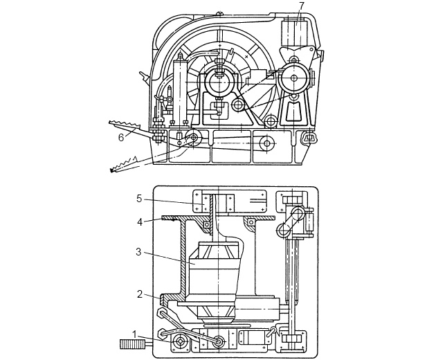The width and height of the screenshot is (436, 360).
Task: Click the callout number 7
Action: pos(302,6)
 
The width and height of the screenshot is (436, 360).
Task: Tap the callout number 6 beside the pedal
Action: pos(121,138)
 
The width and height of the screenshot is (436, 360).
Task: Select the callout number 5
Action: pos(139,199)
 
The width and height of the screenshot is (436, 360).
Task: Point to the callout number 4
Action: pos(139,222)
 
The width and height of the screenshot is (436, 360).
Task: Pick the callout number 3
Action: pos(138,252)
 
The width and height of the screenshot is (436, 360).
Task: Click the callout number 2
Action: pos(140,294)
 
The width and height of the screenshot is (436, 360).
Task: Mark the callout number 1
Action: pos(134,334)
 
